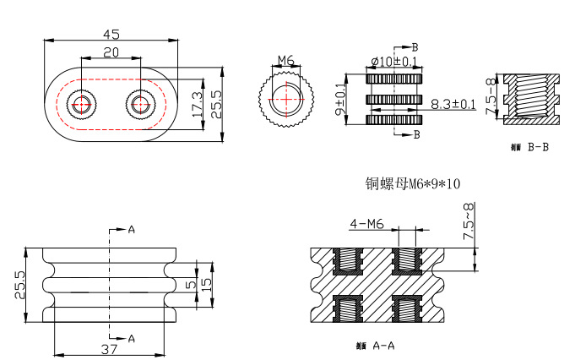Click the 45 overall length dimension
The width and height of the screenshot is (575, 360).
tap(111, 34)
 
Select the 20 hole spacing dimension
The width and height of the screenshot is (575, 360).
tap(111, 52)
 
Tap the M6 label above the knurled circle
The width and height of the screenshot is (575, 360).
tap(285, 61)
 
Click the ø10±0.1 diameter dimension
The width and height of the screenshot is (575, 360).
tap(393, 62)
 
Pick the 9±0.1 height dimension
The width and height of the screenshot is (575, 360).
tap(340, 100)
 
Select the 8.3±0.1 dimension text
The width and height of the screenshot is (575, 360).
tap(454, 105)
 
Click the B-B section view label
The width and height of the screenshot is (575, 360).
tap(532, 147)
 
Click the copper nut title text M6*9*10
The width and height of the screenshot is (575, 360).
tap(412, 183)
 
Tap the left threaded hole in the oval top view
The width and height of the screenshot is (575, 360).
tap(82, 106)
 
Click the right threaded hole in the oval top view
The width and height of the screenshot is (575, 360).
tap(139, 106)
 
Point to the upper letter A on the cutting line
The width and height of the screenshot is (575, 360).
tap(131, 230)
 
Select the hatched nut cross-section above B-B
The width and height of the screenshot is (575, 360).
tap(533, 99)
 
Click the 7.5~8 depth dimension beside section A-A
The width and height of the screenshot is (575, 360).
tap(469, 221)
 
